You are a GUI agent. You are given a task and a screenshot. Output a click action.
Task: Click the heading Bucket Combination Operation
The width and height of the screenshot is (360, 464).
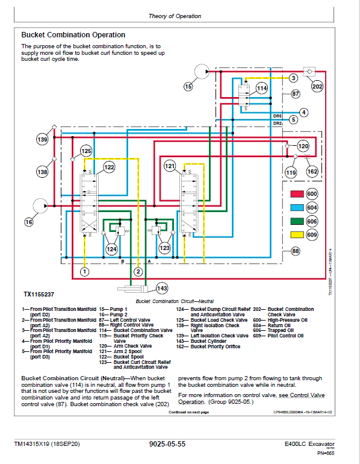click(x=73, y=35)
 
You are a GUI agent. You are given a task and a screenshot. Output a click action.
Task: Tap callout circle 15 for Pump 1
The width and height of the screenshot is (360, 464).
click(x=188, y=87)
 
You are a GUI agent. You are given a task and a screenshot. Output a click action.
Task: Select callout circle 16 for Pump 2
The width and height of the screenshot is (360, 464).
click(x=28, y=222)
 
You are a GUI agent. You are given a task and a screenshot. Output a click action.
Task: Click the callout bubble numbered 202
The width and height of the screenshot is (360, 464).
click(x=317, y=86)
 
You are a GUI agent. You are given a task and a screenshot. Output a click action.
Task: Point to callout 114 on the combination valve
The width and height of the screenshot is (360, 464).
click(x=261, y=89)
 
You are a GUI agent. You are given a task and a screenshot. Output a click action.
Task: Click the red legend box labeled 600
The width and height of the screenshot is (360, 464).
click(x=297, y=195)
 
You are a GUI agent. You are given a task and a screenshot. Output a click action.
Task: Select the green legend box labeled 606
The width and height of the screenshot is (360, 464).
click(x=297, y=222)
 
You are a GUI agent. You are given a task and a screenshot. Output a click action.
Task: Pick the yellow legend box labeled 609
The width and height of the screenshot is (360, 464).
click(x=297, y=235)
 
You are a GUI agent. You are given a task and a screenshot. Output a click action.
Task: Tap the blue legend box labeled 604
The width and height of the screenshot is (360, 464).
click(x=297, y=208)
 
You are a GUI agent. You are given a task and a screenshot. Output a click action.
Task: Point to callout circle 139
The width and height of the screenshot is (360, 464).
click(x=42, y=140)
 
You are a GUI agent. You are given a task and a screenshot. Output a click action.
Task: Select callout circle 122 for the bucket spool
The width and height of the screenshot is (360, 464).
click(x=109, y=167)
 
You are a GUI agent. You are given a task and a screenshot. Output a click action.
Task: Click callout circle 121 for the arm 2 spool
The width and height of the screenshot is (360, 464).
click(x=170, y=165)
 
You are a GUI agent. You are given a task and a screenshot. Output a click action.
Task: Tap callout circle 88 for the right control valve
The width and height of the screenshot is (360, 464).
click(x=296, y=251)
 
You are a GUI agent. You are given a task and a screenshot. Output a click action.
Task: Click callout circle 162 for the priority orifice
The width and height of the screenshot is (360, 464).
click(x=312, y=172)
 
